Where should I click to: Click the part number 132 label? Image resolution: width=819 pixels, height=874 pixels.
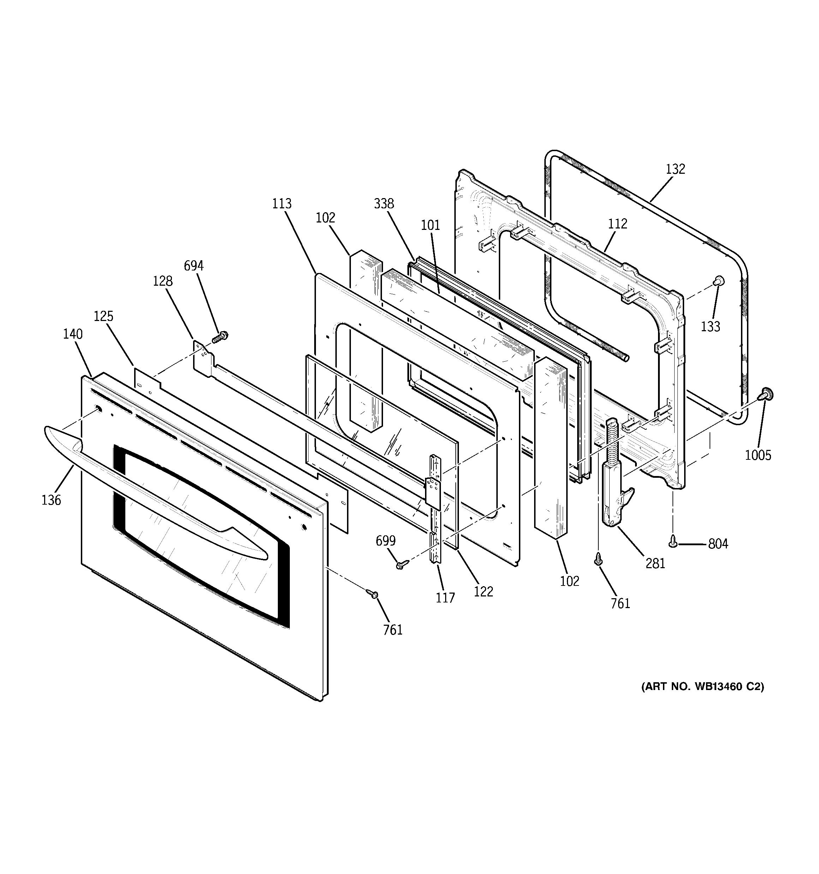(675, 169)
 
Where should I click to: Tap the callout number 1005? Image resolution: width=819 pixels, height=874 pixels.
(758, 455)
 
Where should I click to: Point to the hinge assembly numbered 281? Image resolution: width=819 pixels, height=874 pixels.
(615, 475)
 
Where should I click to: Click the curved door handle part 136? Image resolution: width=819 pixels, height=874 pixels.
(154, 492)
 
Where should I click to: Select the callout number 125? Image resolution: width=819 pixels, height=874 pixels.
(104, 316)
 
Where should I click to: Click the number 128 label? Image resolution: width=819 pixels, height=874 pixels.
(163, 281)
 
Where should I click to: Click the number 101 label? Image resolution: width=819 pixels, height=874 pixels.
(430, 225)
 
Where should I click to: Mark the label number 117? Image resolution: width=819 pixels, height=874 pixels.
(445, 598)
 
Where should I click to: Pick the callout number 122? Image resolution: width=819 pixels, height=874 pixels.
(483, 592)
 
